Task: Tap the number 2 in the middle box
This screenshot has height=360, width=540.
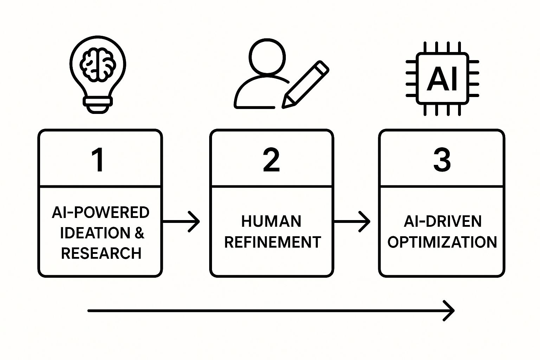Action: [x=271, y=160]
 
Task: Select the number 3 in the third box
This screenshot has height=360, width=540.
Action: [x=442, y=160]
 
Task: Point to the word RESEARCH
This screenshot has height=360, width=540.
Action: [x=101, y=253]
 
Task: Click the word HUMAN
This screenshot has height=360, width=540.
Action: [x=271, y=221]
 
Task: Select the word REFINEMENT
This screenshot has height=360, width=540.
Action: [x=272, y=242]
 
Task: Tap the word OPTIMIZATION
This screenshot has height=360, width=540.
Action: [x=442, y=242]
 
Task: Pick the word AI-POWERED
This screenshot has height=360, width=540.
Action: [x=101, y=213]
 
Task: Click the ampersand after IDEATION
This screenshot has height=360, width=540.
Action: [x=139, y=233]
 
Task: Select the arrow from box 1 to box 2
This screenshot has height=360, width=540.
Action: [x=181, y=221]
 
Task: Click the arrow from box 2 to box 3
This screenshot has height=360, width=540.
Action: [x=352, y=221]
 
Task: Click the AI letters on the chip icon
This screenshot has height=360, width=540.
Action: [x=442, y=79]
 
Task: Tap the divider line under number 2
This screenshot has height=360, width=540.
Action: [x=271, y=186]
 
